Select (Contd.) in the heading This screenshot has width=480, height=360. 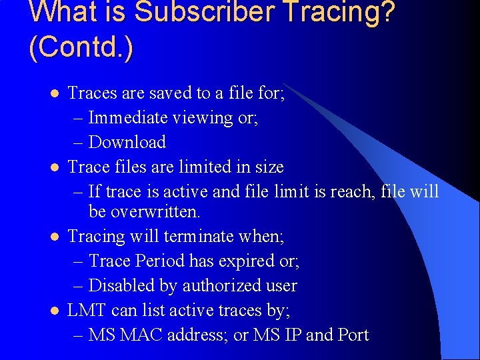click(x=81, y=49)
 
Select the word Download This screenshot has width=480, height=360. click(x=127, y=142)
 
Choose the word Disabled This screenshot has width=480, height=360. click(x=123, y=285)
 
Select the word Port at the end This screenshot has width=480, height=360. click(x=353, y=335)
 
